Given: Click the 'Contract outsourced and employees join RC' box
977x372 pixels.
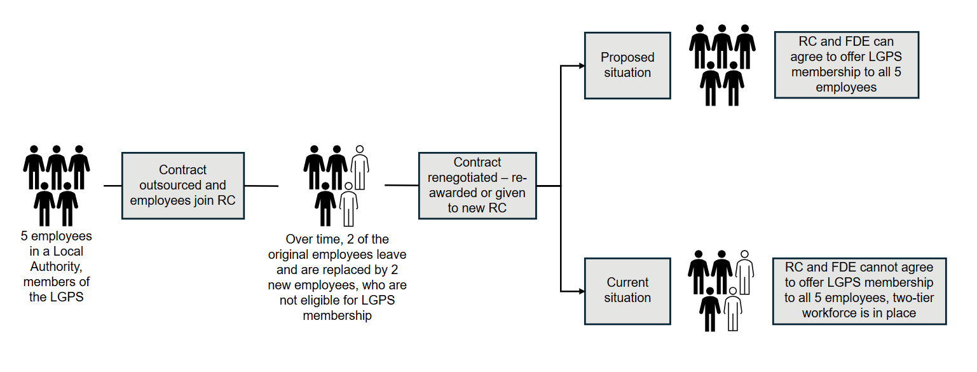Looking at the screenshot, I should [182, 186].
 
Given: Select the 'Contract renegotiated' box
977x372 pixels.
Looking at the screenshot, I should [477, 186].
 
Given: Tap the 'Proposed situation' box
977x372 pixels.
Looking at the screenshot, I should [627, 65].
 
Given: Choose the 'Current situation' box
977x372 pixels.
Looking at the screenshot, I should [627, 290].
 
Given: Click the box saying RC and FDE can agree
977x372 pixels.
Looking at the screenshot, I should [846, 65].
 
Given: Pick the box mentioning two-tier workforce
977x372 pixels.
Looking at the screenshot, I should [859, 290].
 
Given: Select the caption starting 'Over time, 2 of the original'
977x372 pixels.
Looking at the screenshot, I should [337, 277].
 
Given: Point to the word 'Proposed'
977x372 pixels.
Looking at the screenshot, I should [627, 57].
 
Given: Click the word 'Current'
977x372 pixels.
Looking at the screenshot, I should [627, 282].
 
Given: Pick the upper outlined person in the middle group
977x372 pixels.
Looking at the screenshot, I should [360, 168].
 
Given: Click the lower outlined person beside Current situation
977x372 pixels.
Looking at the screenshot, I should [733, 310].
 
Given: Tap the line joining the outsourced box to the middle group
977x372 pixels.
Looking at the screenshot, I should [261, 186].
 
